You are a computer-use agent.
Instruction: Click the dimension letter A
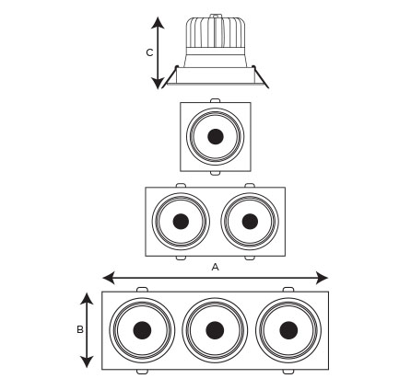pyautogui.click(x=216, y=267)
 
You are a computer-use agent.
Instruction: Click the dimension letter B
pyautogui.click(x=80, y=329)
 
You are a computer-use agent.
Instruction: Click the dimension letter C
pyautogui.click(x=149, y=52)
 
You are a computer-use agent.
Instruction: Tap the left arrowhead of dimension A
pyautogui.click(x=109, y=278)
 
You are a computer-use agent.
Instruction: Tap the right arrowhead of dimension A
pyautogui.click(x=322, y=278)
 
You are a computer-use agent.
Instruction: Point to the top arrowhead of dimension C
pyautogui.click(x=158, y=23)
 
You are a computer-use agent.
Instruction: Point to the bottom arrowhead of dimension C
pyautogui.click(x=158, y=83)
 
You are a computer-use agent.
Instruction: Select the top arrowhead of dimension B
pyautogui.click(x=87, y=299)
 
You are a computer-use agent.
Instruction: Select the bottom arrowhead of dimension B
pyautogui.click(x=87, y=361)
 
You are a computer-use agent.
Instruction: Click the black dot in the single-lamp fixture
pyautogui.click(x=216, y=136)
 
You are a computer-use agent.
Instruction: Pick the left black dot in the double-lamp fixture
pyautogui.click(x=181, y=222)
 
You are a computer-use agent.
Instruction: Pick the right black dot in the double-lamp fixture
pyautogui.click(x=250, y=222)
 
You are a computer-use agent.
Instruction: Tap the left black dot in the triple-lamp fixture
pyautogui.click(x=142, y=330)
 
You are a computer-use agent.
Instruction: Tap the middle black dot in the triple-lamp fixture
pyautogui.click(x=215, y=330)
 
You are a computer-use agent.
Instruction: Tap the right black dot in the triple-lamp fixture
pyautogui.click(x=288, y=330)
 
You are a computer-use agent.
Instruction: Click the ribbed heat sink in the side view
pyautogui.click(x=216, y=33)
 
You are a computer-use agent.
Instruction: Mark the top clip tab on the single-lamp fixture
pyautogui.click(x=215, y=100)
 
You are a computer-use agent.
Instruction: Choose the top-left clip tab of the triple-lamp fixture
pyautogui.click(x=142, y=290)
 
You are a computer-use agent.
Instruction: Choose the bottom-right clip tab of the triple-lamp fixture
pyautogui.click(x=288, y=372)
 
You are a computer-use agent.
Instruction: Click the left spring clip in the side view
pyautogui.click(x=170, y=76)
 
